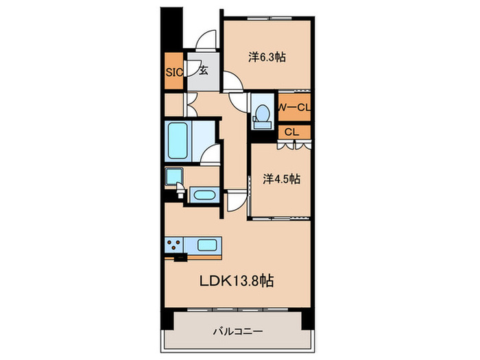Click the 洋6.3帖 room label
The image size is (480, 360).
pos(267,57)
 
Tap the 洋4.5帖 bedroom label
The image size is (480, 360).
pos(281,179)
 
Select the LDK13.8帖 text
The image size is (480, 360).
pos(237,280)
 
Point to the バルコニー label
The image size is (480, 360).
pos(238,331)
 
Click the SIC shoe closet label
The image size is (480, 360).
pos(174,72)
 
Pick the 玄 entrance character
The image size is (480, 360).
pos(204,71)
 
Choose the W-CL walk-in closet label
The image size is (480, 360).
pos(294,107)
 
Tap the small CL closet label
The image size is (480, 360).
pos(291,132)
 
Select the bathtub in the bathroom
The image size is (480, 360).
pos(178,141)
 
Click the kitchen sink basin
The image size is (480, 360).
pos(207,245)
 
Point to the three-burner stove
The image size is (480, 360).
pos(174,245)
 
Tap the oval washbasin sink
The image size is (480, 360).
pos(204,195)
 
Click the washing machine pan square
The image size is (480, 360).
pos(174,177)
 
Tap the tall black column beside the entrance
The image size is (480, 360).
pos(171,28)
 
